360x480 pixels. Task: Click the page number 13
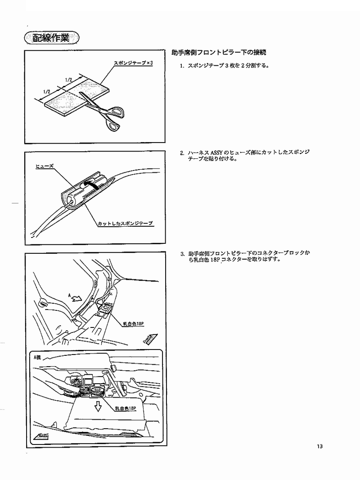click(x=319, y=446)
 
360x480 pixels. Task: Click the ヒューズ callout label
click(x=45, y=166)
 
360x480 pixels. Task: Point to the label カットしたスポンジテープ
click(x=125, y=223)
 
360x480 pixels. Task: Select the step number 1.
click(x=182, y=66)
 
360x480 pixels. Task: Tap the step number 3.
click(x=182, y=253)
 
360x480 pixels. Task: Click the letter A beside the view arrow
click(x=70, y=295)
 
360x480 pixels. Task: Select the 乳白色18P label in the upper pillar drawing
click(x=133, y=323)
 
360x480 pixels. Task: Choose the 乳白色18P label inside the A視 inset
click(x=125, y=408)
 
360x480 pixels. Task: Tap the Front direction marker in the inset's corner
click(x=41, y=436)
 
